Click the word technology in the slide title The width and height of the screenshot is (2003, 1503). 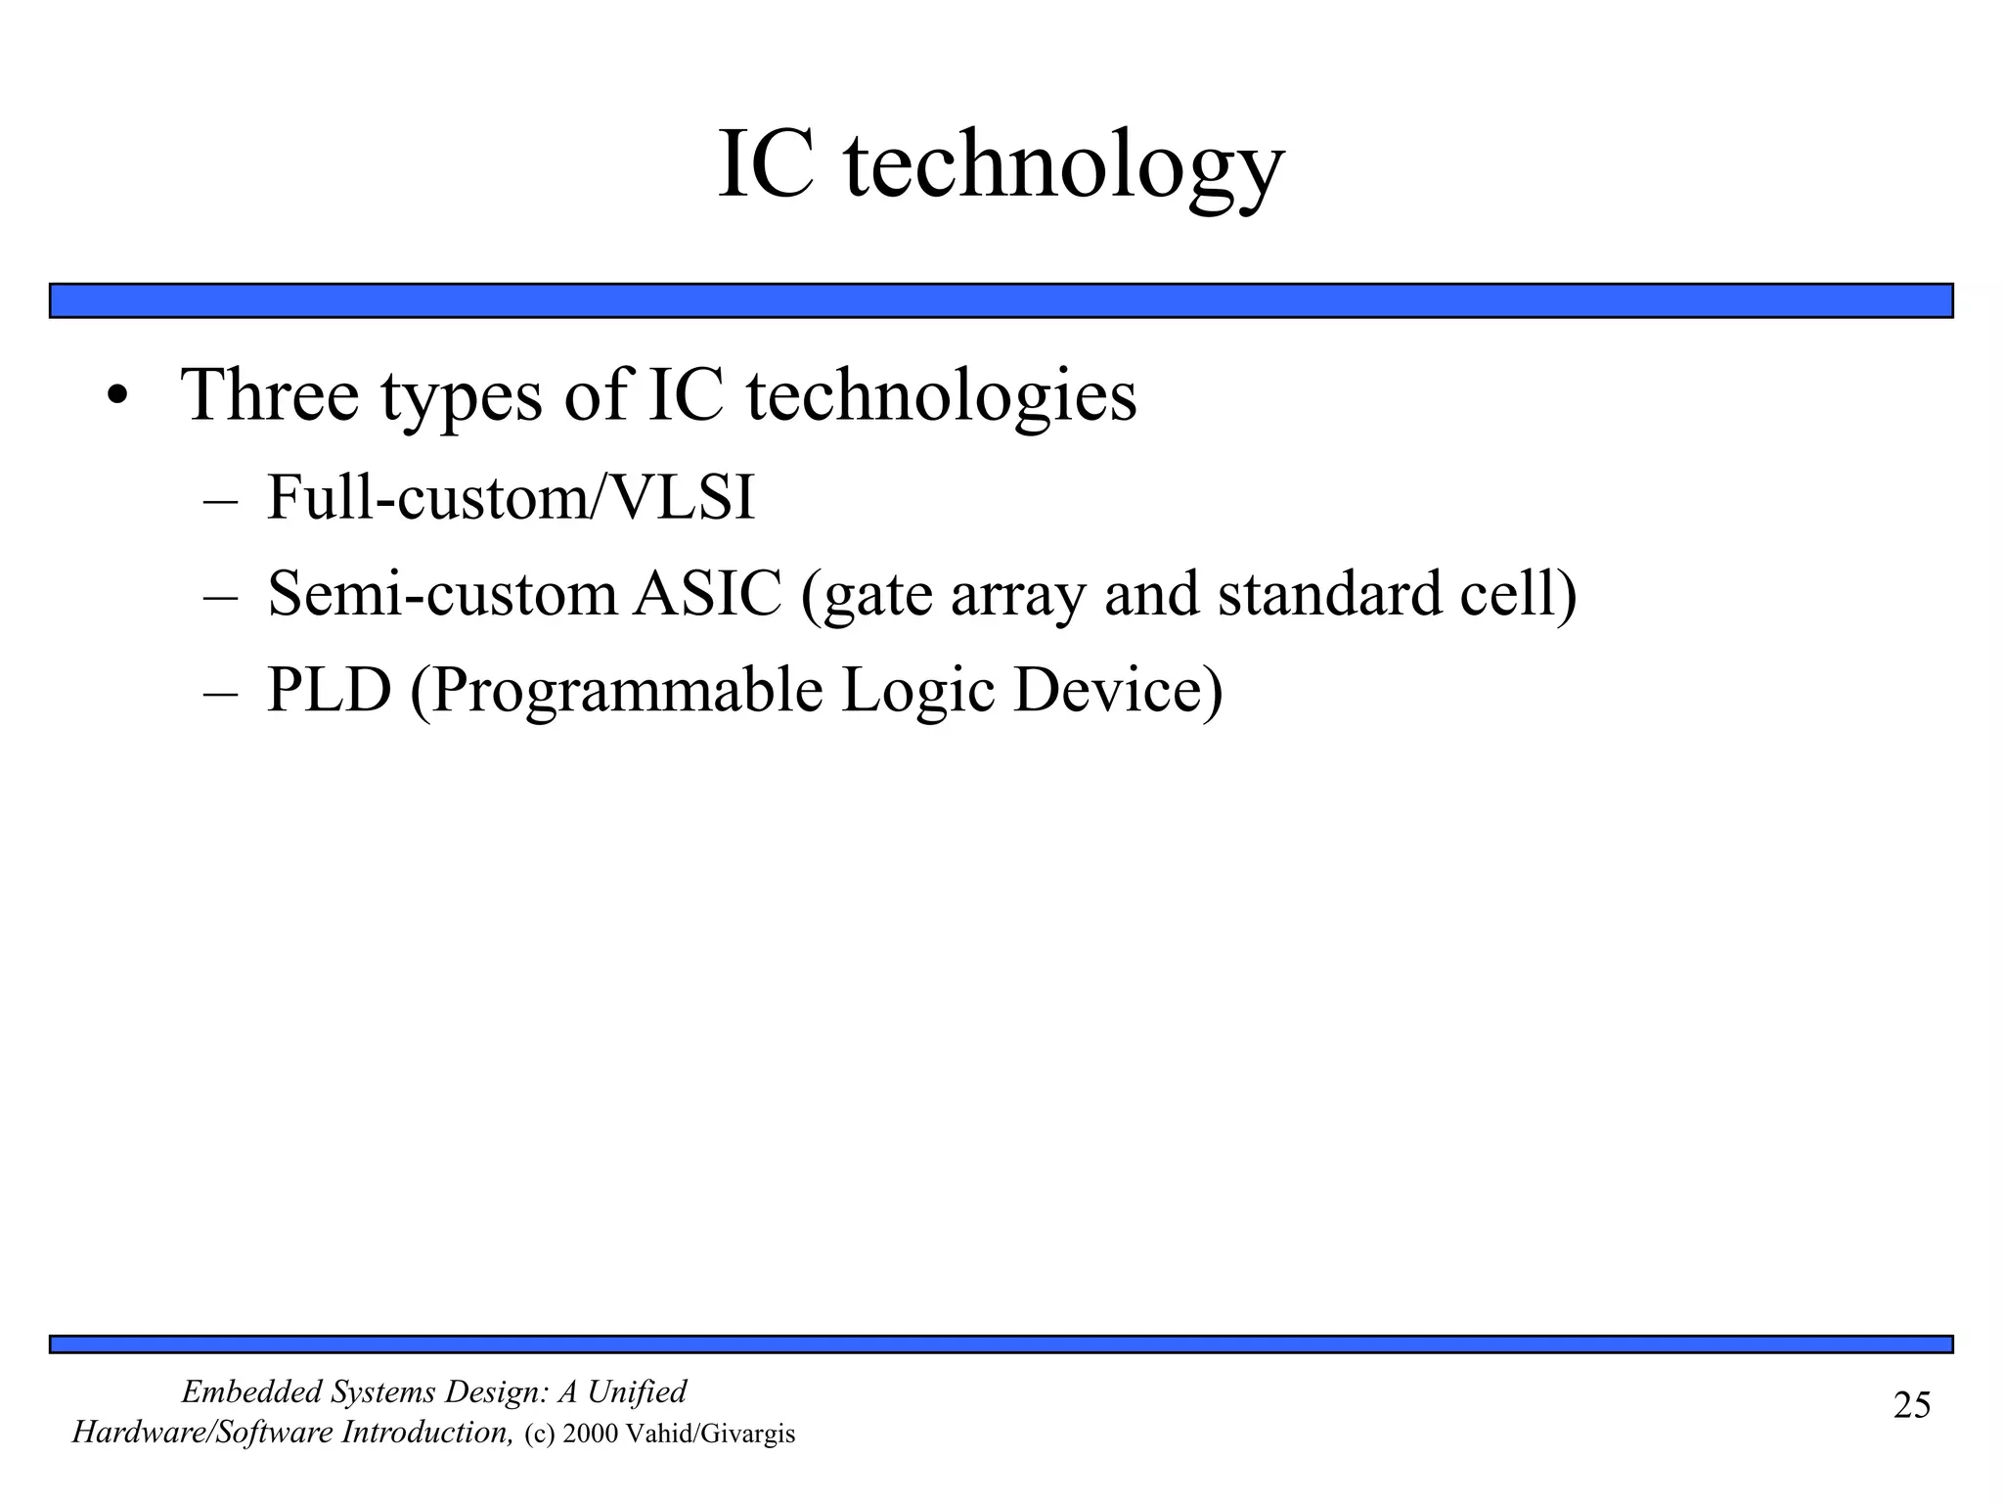pyautogui.click(x=1063, y=166)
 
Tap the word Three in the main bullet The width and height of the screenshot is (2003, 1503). pyautogui.click(x=270, y=394)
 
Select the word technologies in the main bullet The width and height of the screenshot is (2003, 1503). pyautogui.click(x=941, y=396)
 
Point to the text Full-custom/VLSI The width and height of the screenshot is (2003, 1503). pyautogui.click(x=511, y=497)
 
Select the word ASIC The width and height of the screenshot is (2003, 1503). pyautogui.click(x=707, y=593)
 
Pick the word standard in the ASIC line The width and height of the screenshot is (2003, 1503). pyautogui.click(x=1329, y=593)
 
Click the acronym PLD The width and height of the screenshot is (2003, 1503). pyautogui.click(x=329, y=690)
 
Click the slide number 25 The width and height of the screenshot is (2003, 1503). pyautogui.click(x=1911, y=1405)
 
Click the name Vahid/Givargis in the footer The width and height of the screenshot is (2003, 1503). pyautogui.click(x=710, y=1435)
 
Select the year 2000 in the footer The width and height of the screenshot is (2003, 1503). pyautogui.click(x=590, y=1435)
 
